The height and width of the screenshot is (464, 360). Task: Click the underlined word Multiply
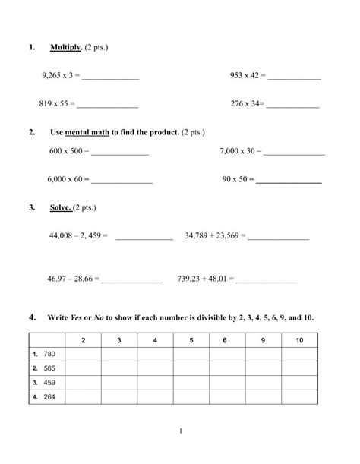coord(66,48)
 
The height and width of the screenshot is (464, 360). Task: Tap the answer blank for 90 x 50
coord(289,181)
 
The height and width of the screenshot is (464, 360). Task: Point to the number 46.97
coord(58,279)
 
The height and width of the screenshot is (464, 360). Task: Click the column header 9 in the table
coord(262,339)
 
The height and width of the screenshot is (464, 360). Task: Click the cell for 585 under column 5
coord(189,368)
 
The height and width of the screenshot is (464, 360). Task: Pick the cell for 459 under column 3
coord(118,382)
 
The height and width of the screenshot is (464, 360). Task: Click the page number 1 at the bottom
coord(182,431)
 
